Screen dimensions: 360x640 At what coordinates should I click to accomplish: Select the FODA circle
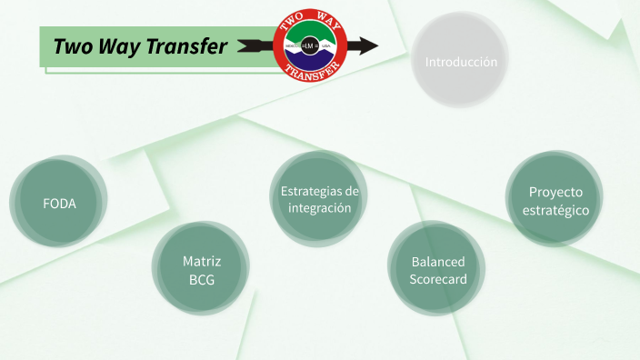click(x=59, y=203)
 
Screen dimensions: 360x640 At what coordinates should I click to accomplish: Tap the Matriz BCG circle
click(x=201, y=270)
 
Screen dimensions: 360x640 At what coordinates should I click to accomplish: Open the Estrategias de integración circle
click(x=319, y=199)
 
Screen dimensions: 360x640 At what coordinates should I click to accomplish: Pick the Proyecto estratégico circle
click(x=555, y=201)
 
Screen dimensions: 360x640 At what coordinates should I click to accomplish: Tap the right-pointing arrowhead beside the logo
click(x=367, y=45)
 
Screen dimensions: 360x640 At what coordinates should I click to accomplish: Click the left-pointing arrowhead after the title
click(x=245, y=45)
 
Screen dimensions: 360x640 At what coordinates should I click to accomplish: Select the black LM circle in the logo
click(x=310, y=45)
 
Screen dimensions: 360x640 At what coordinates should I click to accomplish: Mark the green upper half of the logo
click(x=310, y=35)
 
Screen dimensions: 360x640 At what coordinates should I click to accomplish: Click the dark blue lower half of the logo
click(x=310, y=57)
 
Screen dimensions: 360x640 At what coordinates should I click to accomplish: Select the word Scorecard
click(x=438, y=279)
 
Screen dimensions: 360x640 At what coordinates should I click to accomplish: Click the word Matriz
click(x=202, y=261)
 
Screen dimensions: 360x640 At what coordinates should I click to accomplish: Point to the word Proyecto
click(x=555, y=192)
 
